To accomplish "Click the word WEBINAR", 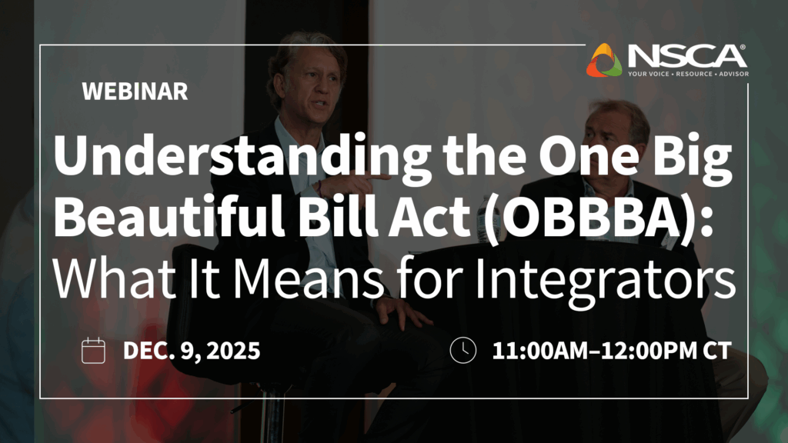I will [x=135, y=92].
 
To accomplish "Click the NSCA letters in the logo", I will [x=686, y=55].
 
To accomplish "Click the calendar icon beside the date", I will [x=93, y=350].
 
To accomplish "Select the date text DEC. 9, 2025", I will [x=192, y=351].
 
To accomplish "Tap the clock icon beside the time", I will [x=462, y=350].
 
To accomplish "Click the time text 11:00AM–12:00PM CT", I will [x=611, y=351].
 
